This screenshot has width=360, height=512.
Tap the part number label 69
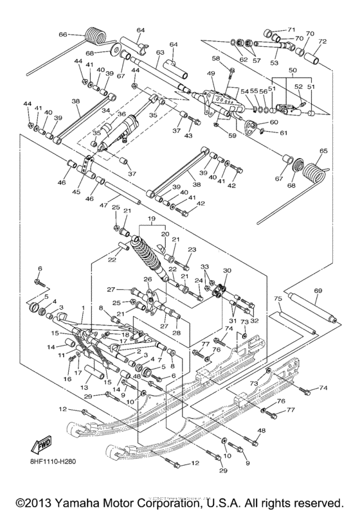tap(318, 292)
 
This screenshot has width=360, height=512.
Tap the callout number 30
tap(226, 271)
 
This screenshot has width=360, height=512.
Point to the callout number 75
tap(278, 299)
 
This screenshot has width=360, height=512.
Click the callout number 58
tap(216, 58)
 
